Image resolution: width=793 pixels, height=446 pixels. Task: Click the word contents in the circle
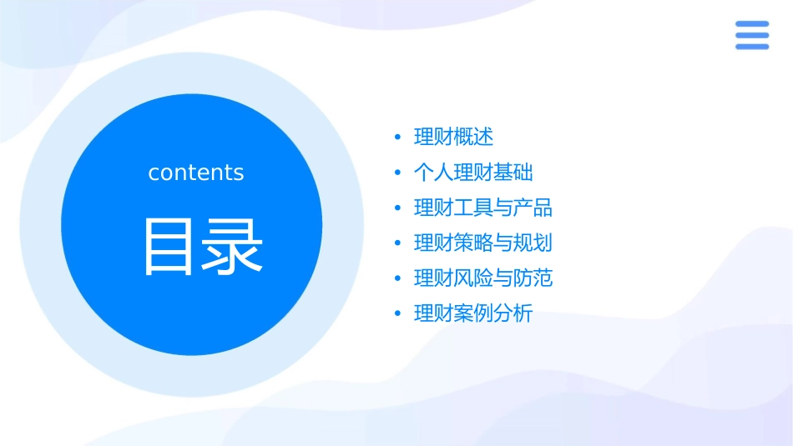[196, 173]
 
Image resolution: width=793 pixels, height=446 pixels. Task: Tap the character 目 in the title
[168, 247]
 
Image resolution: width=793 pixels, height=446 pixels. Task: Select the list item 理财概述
[453, 137]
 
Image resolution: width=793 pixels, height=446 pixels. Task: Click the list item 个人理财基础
[473, 173]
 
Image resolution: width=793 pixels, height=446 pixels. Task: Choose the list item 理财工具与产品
[483, 208]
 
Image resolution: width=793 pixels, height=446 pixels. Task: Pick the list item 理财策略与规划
[483, 243]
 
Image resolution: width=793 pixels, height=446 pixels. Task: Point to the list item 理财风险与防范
[483, 278]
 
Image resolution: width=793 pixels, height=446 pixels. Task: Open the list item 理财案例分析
[473, 314]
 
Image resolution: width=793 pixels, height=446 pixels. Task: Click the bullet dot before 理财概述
[397, 138]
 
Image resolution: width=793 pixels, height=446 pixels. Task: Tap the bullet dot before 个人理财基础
[397, 173]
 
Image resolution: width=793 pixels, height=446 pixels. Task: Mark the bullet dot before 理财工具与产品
[397, 208]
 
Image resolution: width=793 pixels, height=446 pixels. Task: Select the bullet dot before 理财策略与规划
[397, 243]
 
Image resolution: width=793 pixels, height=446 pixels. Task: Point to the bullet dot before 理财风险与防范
[397, 279]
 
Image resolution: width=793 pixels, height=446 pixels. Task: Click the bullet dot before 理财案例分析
[397, 314]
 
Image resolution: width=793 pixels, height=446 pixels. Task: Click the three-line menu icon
[752, 35]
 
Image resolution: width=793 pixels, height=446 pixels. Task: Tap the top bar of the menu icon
[752, 24]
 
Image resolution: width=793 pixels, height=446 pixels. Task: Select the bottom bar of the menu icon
[752, 47]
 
